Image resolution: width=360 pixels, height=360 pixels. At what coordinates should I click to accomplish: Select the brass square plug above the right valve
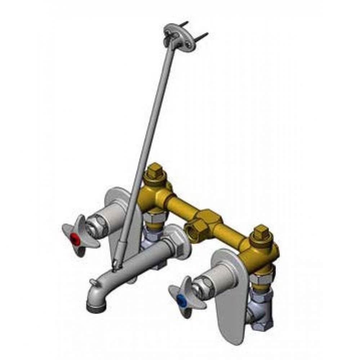pyautogui.click(x=262, y=232)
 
